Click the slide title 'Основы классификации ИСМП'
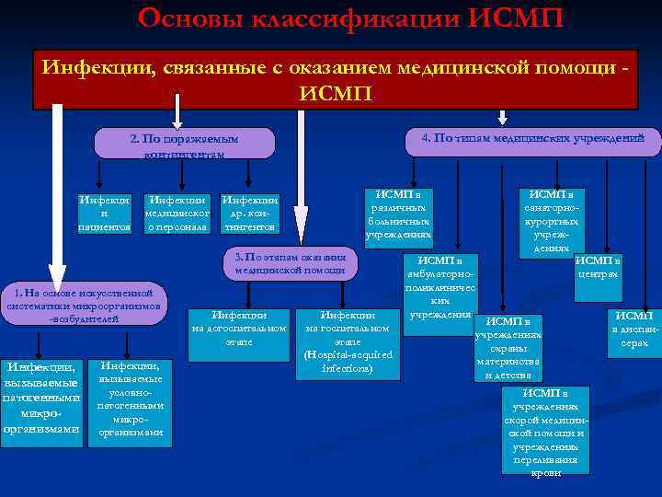pyautogui.click(x=349, y=17)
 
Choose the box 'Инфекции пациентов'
pyautogui.click(x=103, y=214)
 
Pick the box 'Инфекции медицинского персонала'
pyautogui.click(x=177, y=214)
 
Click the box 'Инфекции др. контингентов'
pyautogui.click(x=249, y=214)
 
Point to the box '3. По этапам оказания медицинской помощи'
pyautogui.click(x=291, y=263)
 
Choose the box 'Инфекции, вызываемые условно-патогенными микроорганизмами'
pyautogui.click(x=130, y=398)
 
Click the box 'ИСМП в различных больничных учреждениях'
pyautogui.click(x=399, y=214)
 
